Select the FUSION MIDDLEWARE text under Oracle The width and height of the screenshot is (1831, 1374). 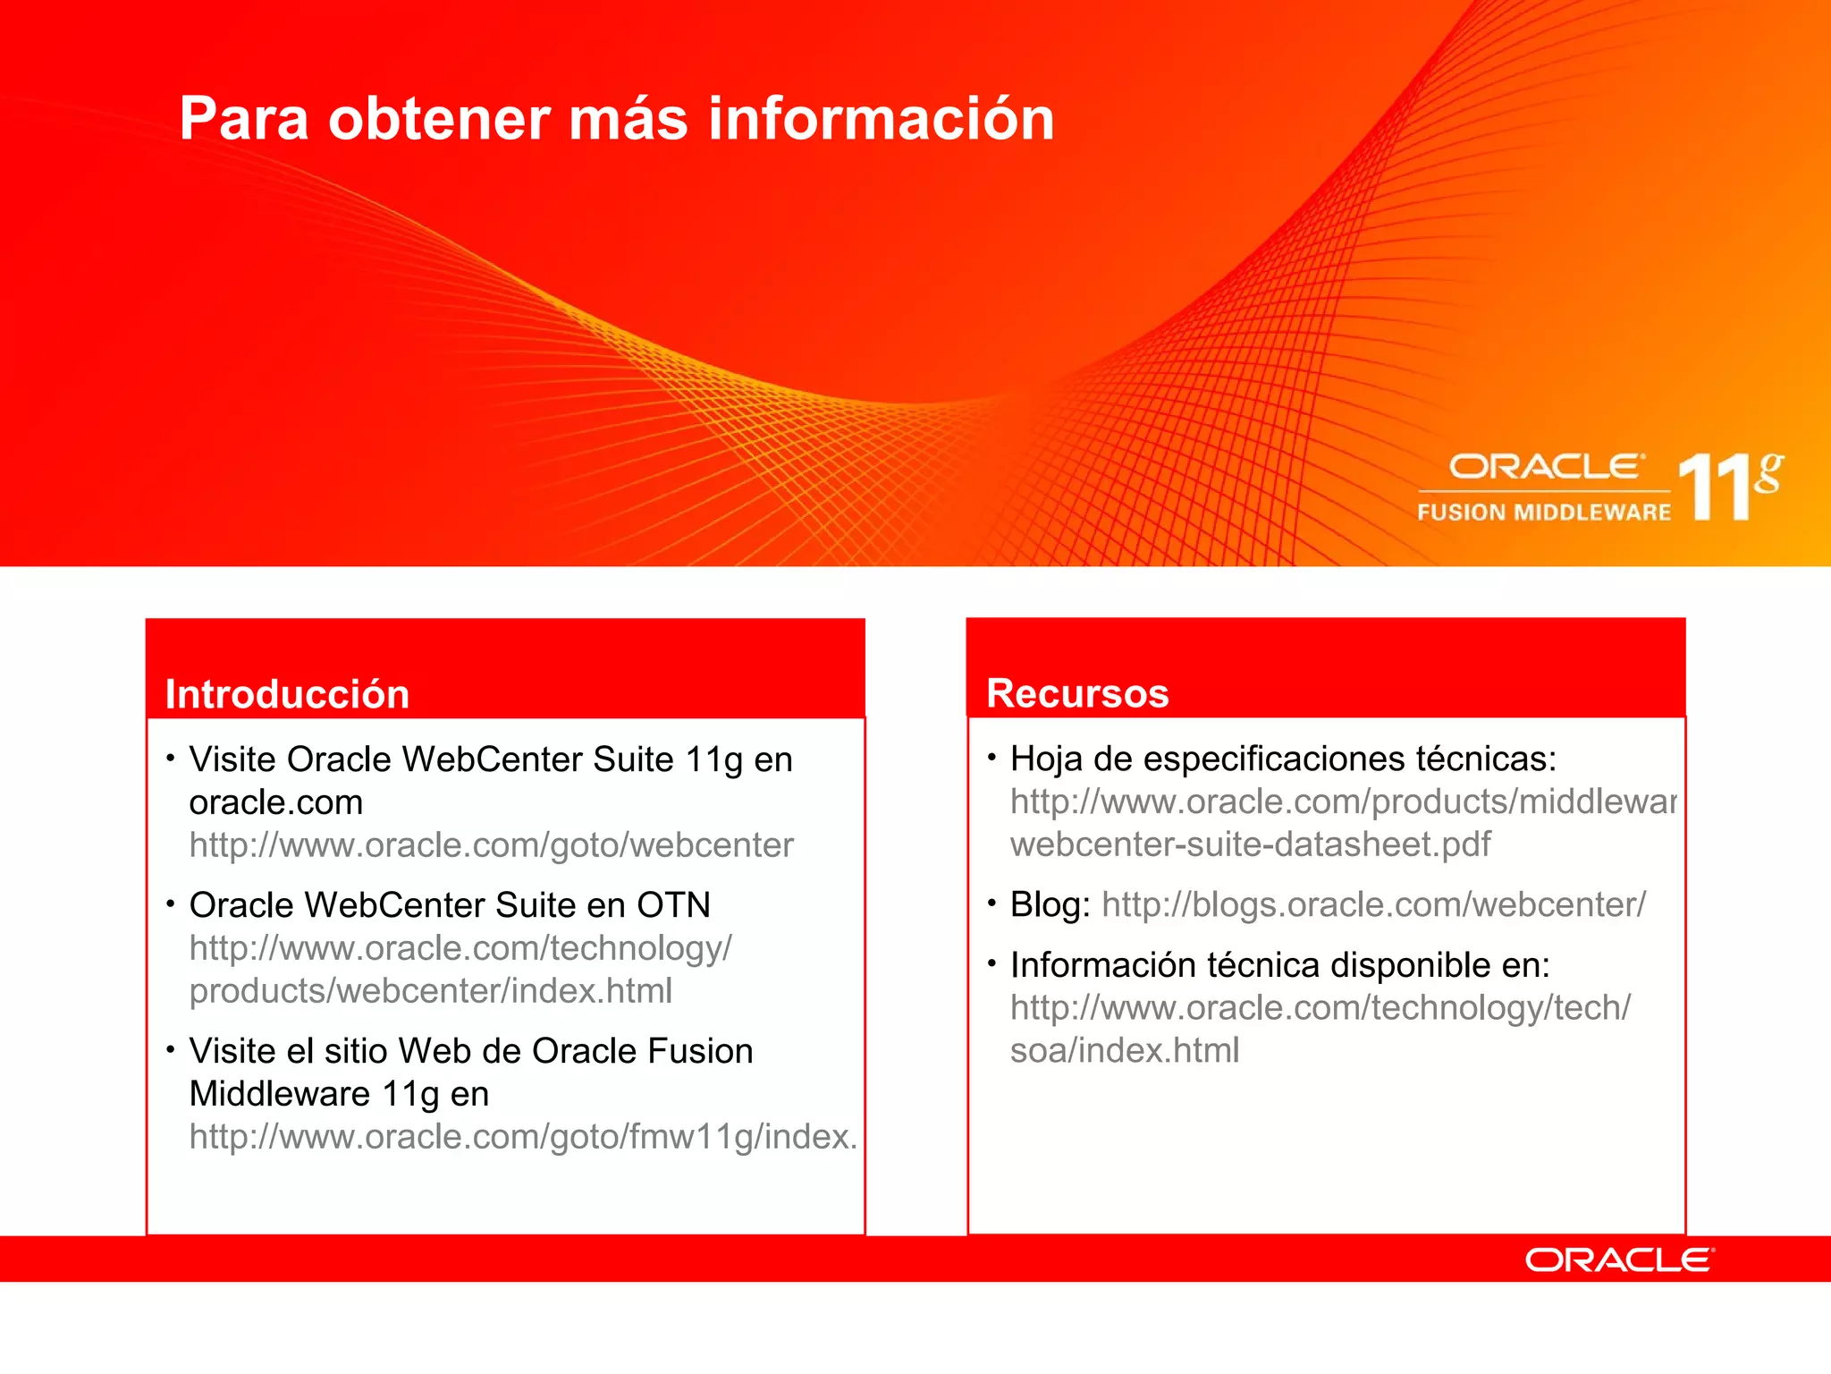1543,513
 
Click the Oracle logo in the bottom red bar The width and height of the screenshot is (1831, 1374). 1619,1259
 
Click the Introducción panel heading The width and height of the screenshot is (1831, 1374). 287,694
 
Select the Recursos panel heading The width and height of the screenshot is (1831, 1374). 1077,693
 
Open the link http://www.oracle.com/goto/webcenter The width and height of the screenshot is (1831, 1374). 491,844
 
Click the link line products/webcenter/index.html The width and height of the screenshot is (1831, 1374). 430,990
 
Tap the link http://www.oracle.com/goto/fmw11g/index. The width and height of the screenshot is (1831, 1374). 523,1136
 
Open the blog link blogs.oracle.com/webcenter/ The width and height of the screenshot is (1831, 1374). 1373,904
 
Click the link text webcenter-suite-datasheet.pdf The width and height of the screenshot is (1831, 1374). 1250,844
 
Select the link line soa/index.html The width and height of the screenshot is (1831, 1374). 1125,1050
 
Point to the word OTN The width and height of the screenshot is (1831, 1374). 673,905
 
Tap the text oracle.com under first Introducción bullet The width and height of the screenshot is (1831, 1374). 275,802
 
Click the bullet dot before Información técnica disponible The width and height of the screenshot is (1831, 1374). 991,963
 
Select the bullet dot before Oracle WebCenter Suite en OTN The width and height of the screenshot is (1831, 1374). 170,903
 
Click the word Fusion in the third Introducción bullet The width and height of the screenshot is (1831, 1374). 699,1051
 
